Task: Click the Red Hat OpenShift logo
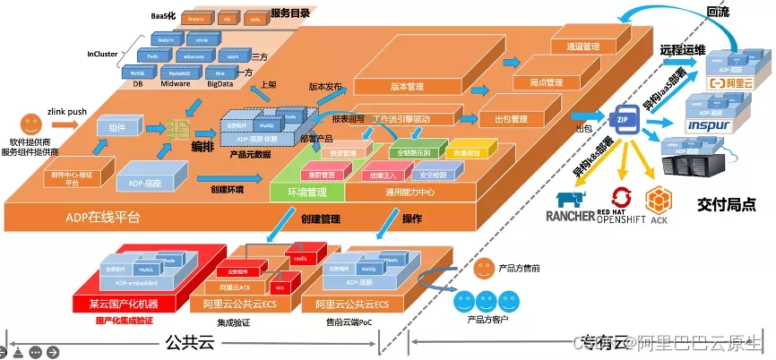623,207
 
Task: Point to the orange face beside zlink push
31,121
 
